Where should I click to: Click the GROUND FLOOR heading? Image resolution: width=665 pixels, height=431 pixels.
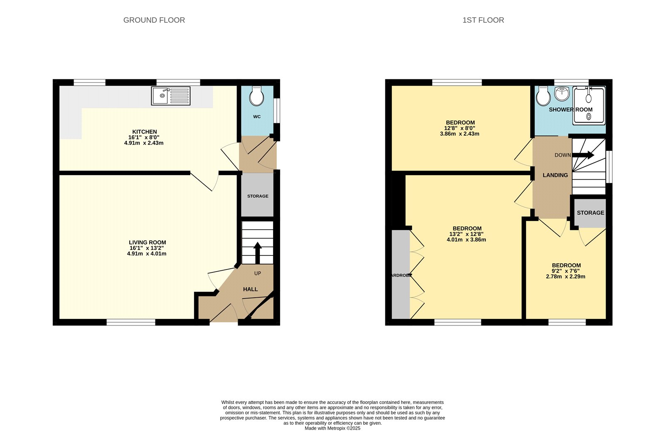(154, 20)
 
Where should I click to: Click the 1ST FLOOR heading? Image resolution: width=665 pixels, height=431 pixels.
(483, 20)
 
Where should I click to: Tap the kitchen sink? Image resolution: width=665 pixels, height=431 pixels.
(170, 96)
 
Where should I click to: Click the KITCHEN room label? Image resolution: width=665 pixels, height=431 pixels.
(144, 132)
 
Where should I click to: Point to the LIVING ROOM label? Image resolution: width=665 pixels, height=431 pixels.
(147, 242)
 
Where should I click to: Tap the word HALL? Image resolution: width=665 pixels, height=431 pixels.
(250, 289)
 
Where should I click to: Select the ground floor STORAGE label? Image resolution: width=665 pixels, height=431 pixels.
(258, 196)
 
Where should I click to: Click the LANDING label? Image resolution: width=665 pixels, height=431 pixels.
(555, 175)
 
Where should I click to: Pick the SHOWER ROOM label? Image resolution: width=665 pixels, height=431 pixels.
(570, 110)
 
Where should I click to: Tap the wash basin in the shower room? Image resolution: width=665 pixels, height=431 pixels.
(562, 93)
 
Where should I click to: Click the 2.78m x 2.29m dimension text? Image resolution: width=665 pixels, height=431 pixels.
(565, 277)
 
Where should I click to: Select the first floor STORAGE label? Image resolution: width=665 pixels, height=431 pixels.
(590, 213)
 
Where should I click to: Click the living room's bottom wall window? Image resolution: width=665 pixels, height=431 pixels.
(131, 322)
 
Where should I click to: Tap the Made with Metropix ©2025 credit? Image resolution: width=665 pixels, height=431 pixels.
(332, 428)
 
